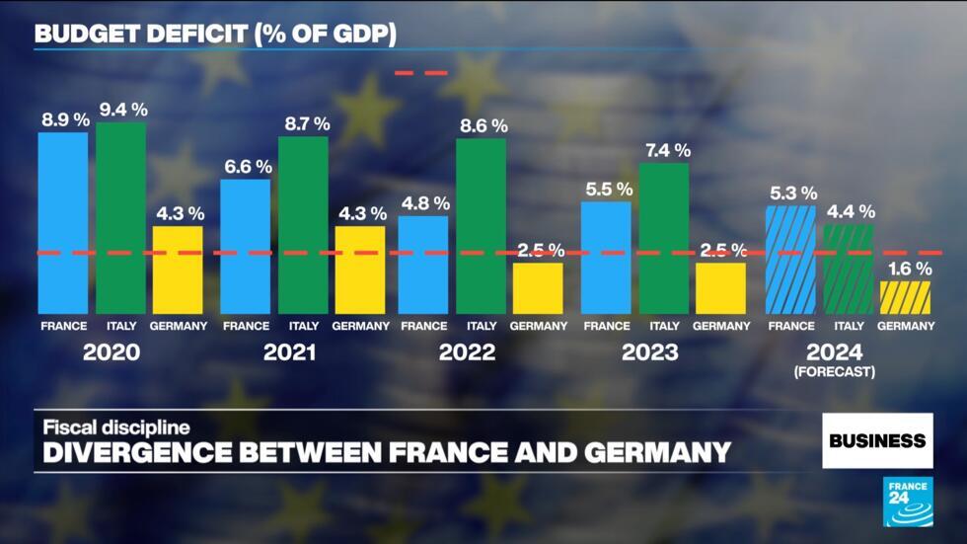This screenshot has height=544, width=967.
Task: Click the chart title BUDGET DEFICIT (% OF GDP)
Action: click(215, 34)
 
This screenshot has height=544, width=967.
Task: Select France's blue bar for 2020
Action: click(63, 222)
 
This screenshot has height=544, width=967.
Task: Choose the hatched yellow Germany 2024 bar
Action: click(905, 297)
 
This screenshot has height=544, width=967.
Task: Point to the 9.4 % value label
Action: click(122, 107)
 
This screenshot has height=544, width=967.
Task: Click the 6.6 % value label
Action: click(245, 165)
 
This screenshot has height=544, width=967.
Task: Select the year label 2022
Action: click(467, 352)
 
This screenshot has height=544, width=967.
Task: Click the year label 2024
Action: click(834, 352)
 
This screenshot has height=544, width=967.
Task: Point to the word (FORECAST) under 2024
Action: click(834, 372)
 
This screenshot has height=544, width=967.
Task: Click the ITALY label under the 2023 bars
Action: click(665, 326)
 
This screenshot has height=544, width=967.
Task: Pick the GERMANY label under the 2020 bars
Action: click(179, 326)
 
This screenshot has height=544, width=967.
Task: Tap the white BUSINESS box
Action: click(877, 440)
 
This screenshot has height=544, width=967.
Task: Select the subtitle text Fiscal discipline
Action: click(115, 427)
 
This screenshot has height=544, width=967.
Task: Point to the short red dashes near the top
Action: click(421, 73)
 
